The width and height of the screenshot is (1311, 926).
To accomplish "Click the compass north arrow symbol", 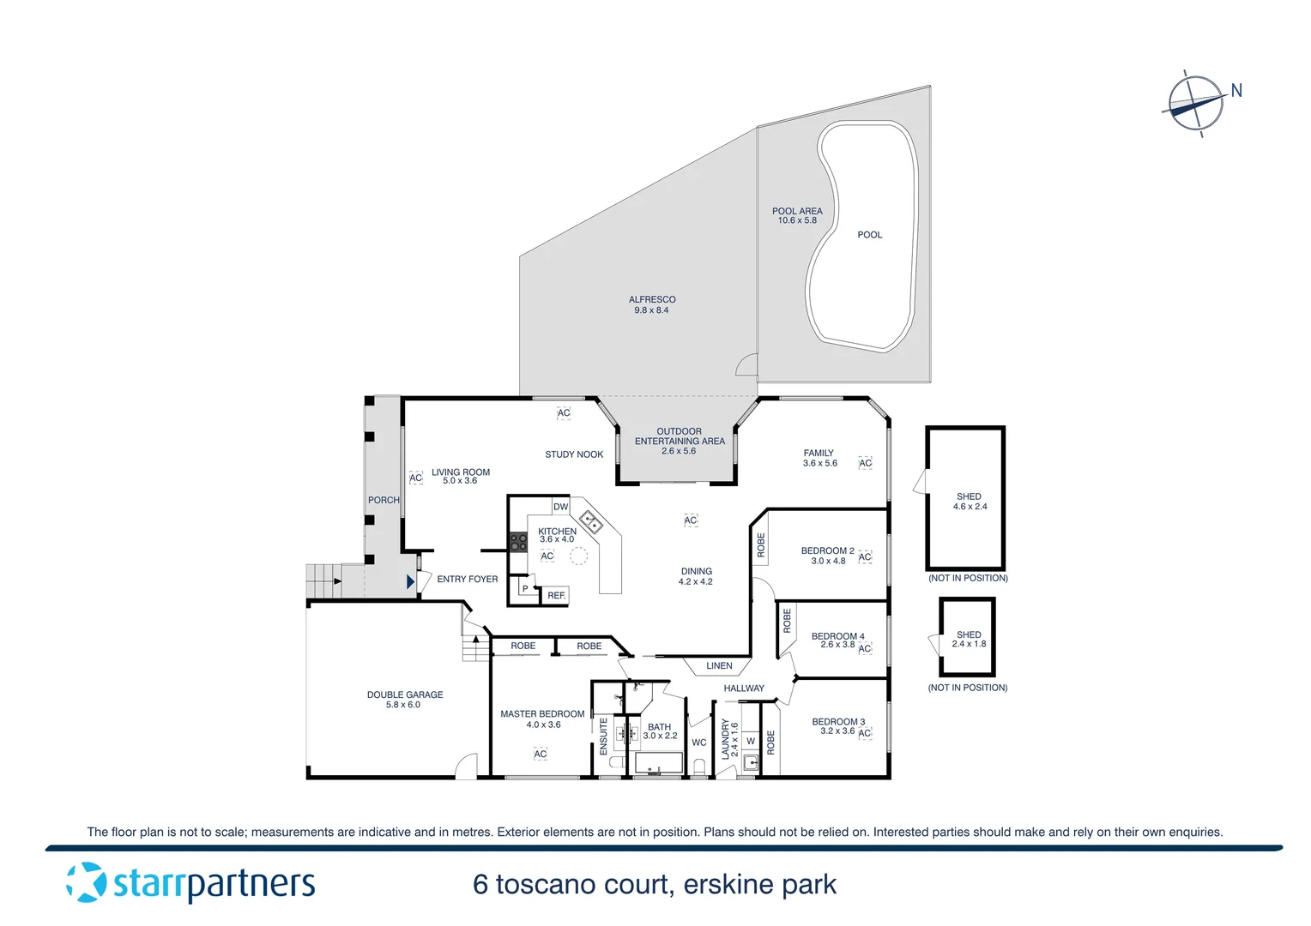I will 1196,104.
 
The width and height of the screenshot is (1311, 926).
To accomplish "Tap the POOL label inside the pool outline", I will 869,235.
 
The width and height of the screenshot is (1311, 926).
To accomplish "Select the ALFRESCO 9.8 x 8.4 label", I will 652,305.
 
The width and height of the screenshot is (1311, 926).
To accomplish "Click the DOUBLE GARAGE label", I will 405,700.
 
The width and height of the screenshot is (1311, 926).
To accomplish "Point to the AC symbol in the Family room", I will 865,463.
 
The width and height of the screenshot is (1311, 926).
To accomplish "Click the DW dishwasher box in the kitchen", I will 560,507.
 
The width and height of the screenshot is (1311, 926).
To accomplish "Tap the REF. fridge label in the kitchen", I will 556,595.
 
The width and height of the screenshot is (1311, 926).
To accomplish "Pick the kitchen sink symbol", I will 590,521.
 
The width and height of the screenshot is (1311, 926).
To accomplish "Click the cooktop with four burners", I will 518,542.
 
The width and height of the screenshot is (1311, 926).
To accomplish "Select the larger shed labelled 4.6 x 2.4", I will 966,500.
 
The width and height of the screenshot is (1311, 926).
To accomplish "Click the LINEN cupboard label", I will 719,666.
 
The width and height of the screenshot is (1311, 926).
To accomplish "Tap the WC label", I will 698,743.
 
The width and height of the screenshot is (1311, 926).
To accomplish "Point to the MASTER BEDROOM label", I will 542,719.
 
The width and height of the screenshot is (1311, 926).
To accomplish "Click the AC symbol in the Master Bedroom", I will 540,754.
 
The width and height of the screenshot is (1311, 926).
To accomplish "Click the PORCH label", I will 384,500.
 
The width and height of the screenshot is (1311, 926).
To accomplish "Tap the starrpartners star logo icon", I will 86,882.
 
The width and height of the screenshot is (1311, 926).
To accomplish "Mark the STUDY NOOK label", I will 573,454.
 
